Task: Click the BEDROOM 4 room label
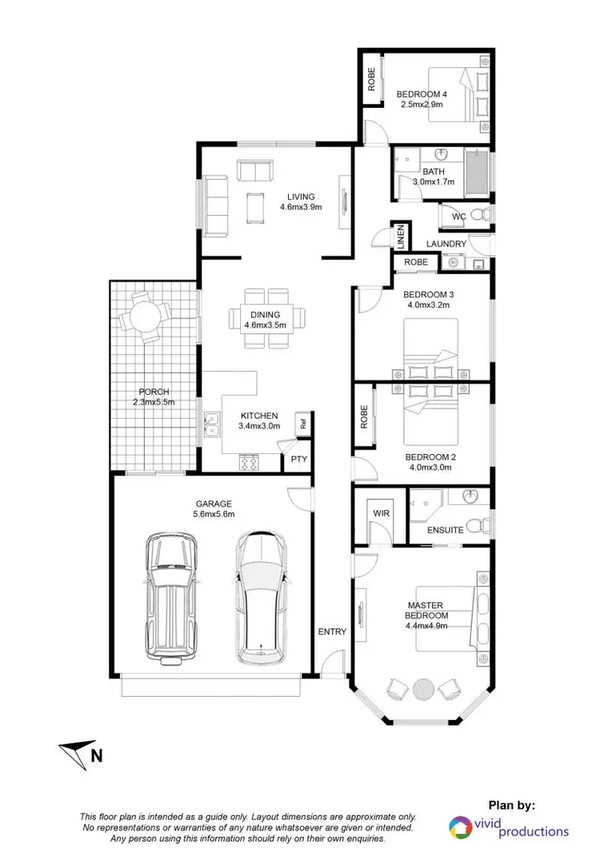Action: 422,94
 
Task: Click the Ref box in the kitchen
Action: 303,424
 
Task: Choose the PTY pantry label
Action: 298,459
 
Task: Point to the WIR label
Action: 381,512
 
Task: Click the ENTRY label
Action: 332,631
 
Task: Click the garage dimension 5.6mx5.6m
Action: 214,515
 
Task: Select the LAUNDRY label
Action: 446,244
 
